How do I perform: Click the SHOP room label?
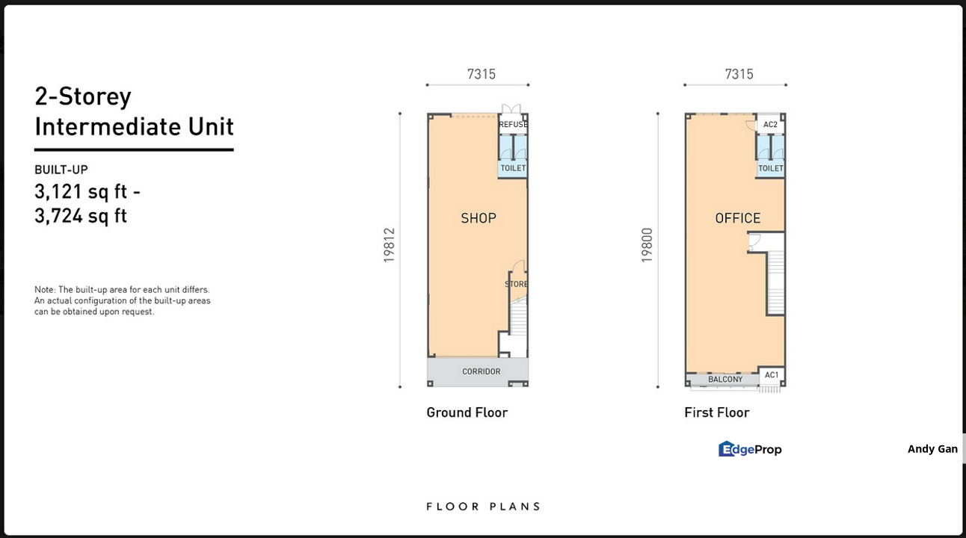[479, 218]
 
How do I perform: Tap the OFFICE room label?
[738, 218]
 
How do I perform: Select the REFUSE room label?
[513, 125]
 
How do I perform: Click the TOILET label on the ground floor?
[513, 168]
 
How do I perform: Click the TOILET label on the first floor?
[771, 169]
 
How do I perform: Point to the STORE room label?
[516, 284]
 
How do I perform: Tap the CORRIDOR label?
[482, 371]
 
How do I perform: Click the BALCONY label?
[725, 380]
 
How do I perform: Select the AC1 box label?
[772, 375]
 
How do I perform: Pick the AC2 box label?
[770, 125]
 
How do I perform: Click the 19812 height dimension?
[389, 245]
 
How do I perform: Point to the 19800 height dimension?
[647, 245]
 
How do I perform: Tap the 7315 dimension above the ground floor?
[482, 74]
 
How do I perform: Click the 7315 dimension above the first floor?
[739, 74]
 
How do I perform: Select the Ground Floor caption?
[467, 412]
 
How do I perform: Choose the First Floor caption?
[717, 412]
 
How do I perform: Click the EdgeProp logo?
[750, 449]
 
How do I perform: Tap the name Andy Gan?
[932, 449]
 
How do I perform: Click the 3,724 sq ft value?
[81, 216]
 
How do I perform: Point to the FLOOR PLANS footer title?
[484, 507]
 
